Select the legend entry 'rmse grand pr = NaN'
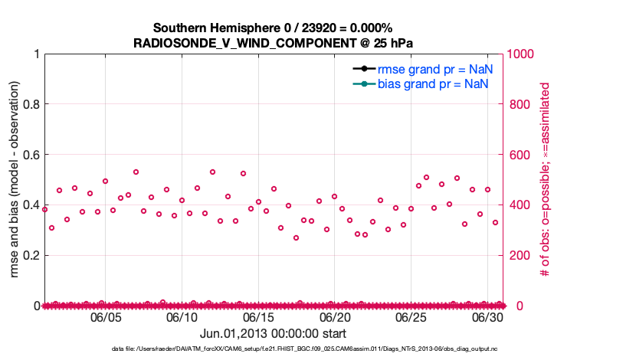pyautogui.click(x=434, y=69)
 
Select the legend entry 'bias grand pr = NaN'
pyautogui.click(x=434, y=83)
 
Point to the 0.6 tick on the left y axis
pyautogui.click(x=30, y=155)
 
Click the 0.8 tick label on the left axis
pyautogui.click(x=30, y=104)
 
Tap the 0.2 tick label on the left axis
pyautogui.click(x=30, y=255)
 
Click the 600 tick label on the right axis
pyautogui.click(x=518, y=155)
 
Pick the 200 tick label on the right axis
pyautogui.click(x=518, y=255)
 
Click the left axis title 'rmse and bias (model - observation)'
pyautogui.click(x=13, y=180)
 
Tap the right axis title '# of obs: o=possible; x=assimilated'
pyautogui.click(x=545, y=180)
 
